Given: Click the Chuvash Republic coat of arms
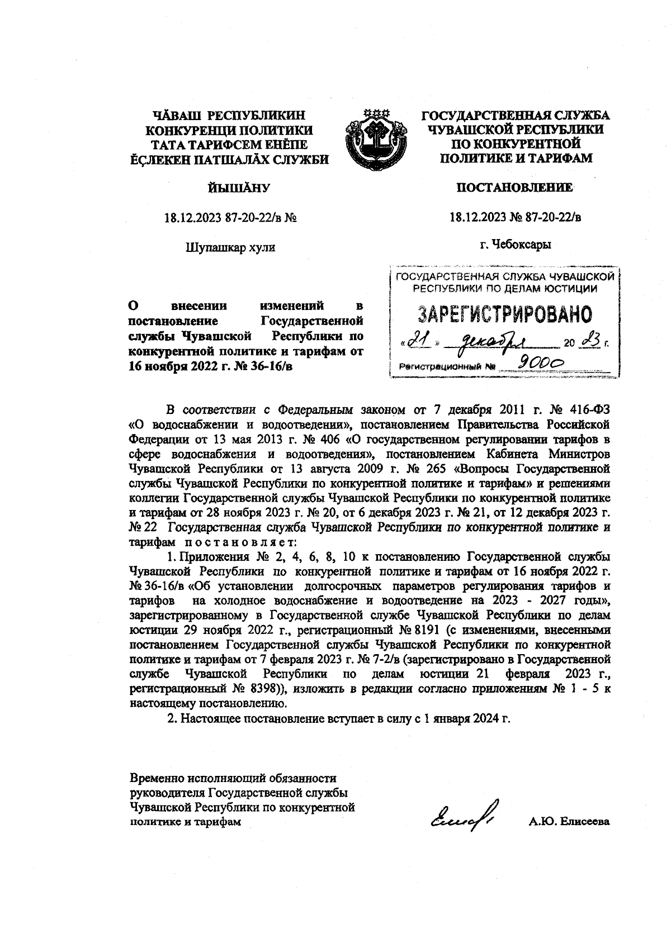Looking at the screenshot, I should pos(376,137).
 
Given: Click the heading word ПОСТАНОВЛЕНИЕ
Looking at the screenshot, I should pos(515,188).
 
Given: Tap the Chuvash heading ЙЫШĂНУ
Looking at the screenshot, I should pos(230,188).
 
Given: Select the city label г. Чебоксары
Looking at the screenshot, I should pos(515,245).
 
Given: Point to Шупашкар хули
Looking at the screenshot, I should pos(230,247).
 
